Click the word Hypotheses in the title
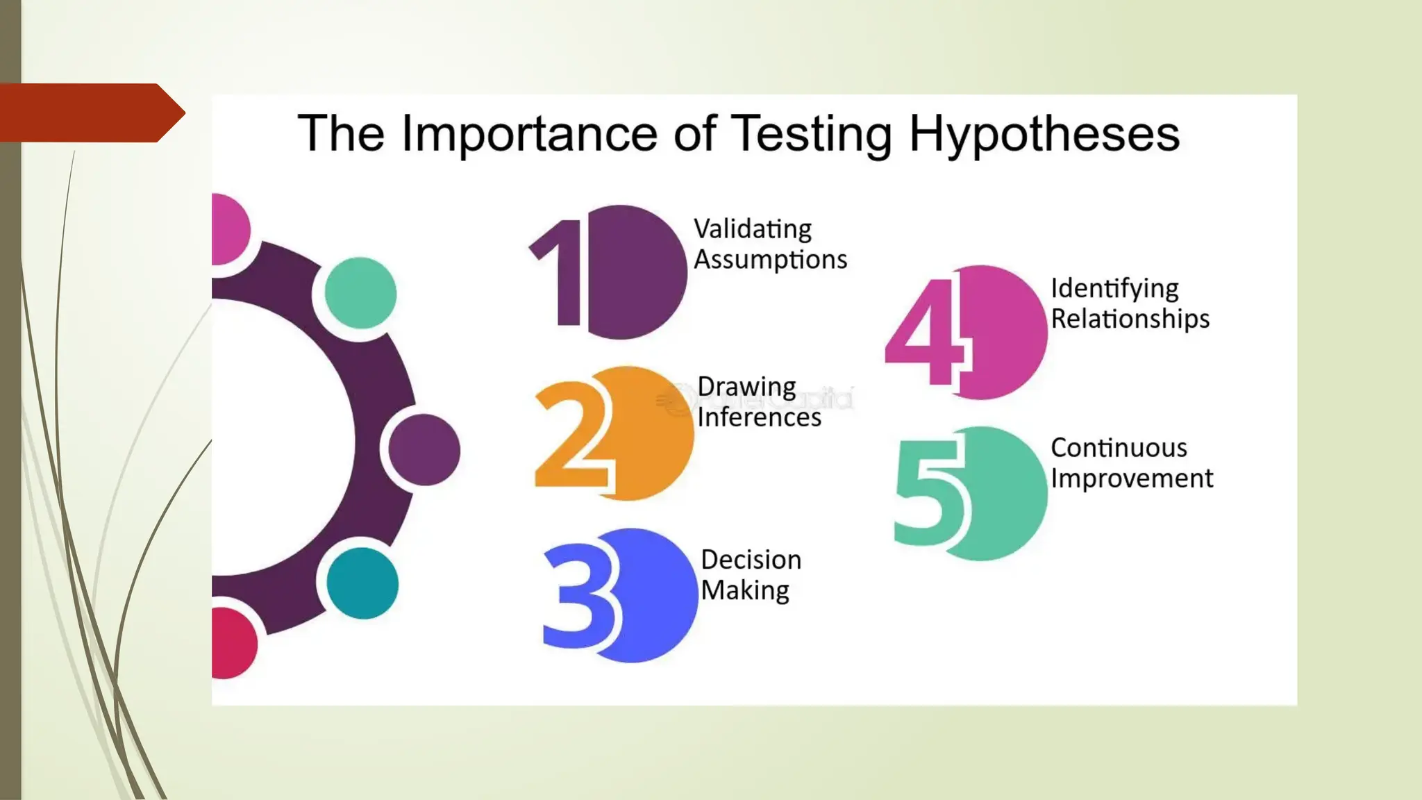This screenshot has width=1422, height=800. [1044, 134]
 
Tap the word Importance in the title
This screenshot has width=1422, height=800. [529, 134]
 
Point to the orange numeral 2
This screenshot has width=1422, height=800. [573, 436]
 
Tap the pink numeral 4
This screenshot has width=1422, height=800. [924, 332]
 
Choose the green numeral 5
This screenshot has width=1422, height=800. [929, 492]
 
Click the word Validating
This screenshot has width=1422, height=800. [753, 229]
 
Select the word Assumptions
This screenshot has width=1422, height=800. [770, 260]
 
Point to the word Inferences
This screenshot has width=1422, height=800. [759, 417]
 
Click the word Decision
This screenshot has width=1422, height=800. [751, 560]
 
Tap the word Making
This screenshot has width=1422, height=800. [744, 590]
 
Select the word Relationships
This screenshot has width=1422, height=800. [1130, 319]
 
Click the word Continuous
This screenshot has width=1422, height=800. [1119, 448]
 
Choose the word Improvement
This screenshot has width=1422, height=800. [1132, 478]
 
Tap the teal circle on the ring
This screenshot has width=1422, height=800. [362, 583]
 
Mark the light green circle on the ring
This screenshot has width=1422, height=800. [360, 292]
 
